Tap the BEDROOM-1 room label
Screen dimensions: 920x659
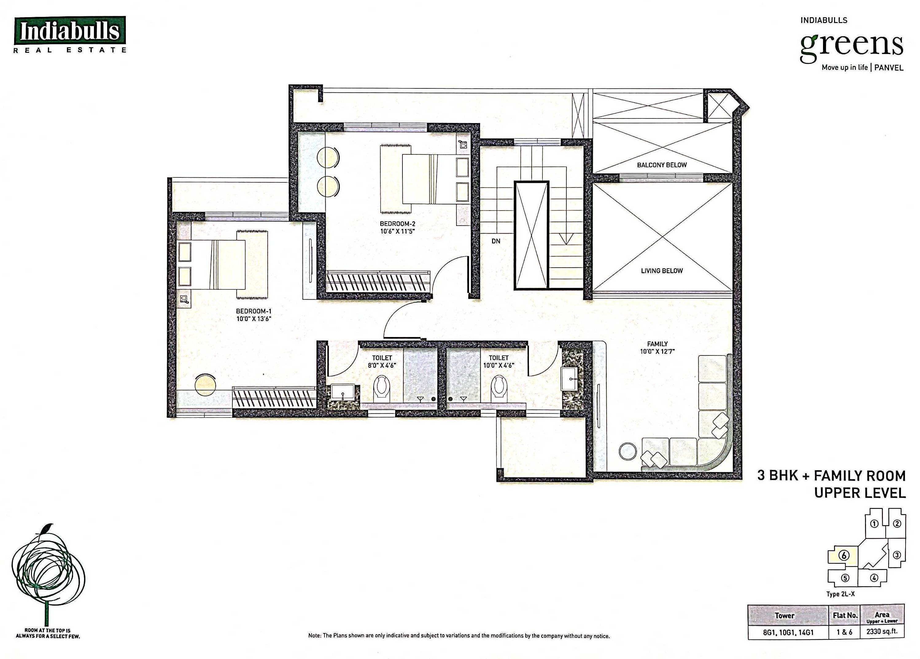254,311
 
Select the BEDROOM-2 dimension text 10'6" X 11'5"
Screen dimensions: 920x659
398,231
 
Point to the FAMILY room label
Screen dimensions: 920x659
657,344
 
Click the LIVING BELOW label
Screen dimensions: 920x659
662,270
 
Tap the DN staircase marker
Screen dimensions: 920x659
496,241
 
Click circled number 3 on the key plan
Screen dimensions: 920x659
897,555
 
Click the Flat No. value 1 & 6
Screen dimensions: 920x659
844,632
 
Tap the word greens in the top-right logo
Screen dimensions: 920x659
852,47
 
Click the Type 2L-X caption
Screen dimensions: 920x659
840,594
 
